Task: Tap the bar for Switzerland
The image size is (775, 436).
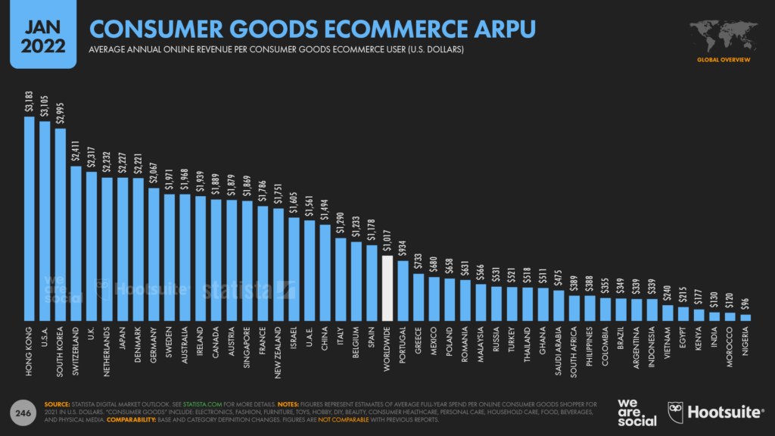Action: pyautogui.click(x=76, y=243)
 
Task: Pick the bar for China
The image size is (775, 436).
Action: pyautogui.click(x=325, y=272)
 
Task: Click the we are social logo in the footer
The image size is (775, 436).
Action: pyautogui.click(x=633, y=411)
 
